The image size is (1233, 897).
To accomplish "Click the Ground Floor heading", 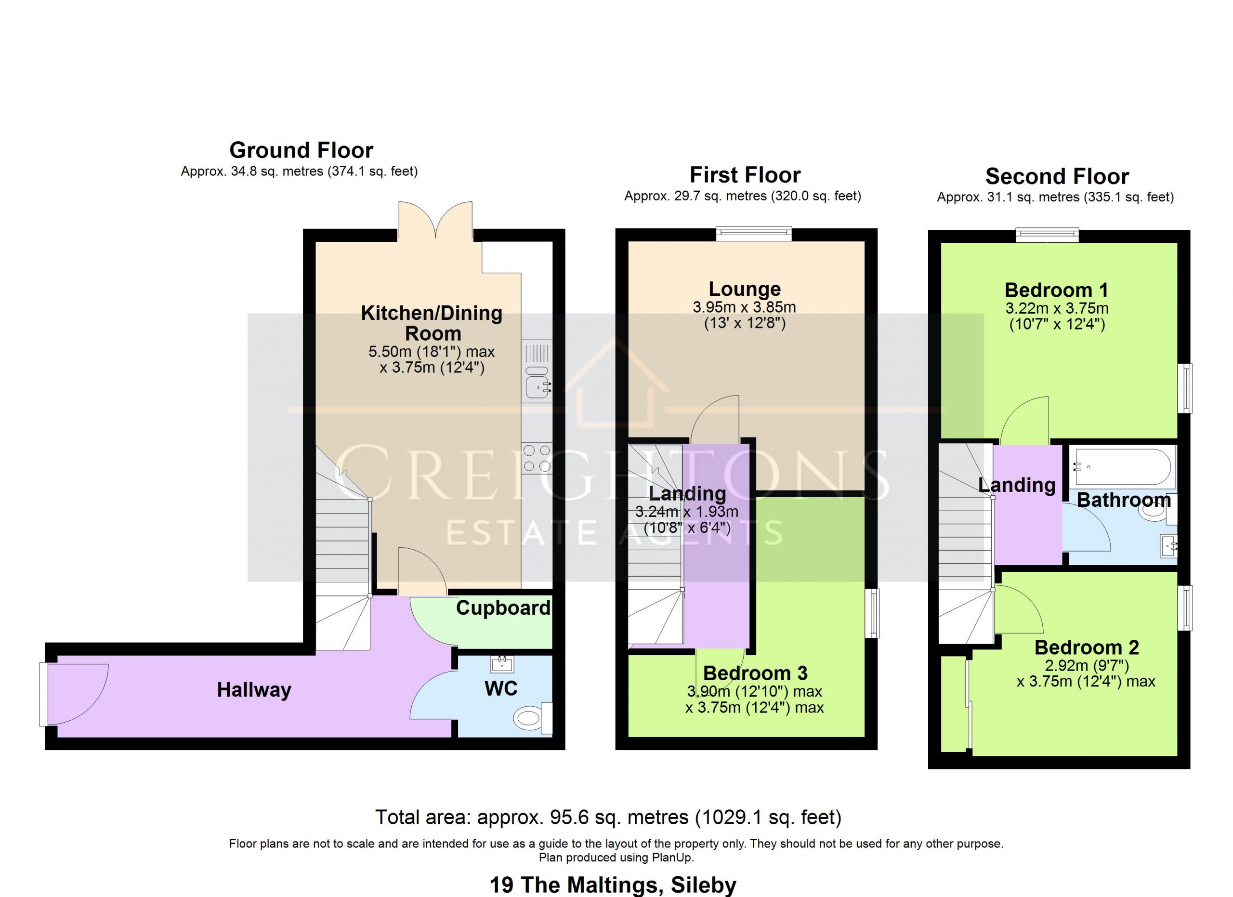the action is click(x=301, y=150).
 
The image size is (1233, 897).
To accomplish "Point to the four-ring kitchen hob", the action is click(x=537, y=458).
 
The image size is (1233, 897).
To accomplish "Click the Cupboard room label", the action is click(x=503, y=608).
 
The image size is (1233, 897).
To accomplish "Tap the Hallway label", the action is click(x=254, y=690).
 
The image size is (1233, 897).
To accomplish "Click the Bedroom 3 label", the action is click(x=755, y=673).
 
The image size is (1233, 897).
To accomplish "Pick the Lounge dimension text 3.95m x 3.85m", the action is click(x=744, y=307).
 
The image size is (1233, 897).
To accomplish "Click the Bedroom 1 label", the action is click(x=1056, y=290).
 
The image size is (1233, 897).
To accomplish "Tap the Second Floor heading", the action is click(x=1057, y=177).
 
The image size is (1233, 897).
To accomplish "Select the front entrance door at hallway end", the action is click(x=75, y=694).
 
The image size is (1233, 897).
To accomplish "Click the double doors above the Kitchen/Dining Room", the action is click(x=435, y=220).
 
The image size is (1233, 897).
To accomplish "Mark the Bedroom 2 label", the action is click(x=1086, y=647).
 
